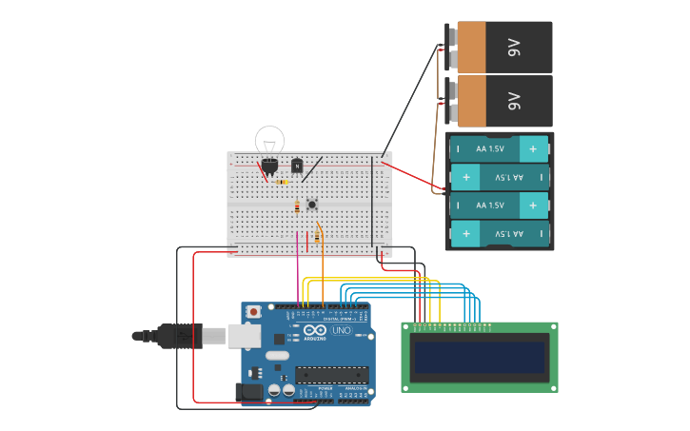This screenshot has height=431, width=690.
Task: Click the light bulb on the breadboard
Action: (269, 142)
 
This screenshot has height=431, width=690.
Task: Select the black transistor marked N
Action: (297, 166)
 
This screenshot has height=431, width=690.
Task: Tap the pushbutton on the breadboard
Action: (311, 203)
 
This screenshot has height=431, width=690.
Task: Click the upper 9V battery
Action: (503, 47)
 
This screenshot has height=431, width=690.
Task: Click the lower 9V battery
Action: (503, 100)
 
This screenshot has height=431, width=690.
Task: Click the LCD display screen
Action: (480, 358)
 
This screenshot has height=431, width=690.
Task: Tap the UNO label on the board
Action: (341, 330)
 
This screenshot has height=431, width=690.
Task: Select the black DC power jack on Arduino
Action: (250, 391)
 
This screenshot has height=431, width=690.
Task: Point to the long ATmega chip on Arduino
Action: (331, 374)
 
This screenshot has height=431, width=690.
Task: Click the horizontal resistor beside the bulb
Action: (283, 182)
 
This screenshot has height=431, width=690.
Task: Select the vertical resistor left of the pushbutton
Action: (297, 206)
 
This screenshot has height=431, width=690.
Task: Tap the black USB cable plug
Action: (180, 336)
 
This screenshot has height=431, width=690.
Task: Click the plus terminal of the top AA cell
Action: (533, 149)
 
